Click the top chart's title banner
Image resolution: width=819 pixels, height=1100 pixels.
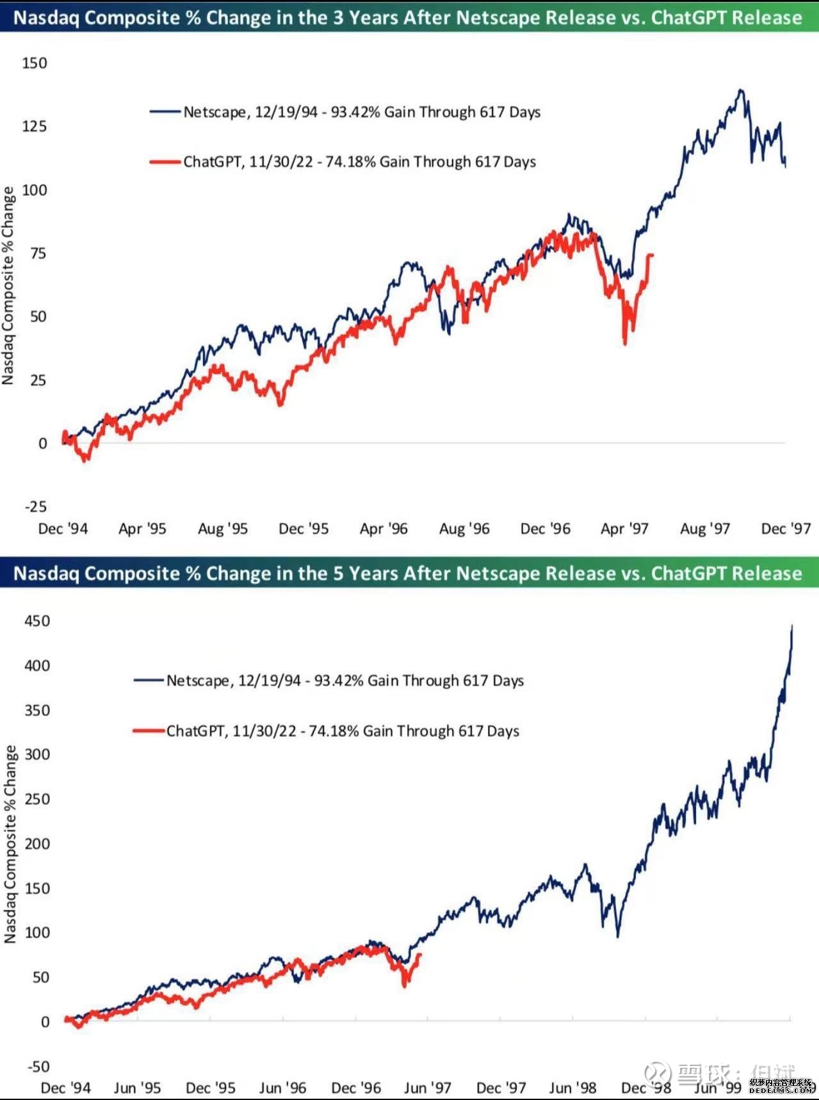pyautogui.click(x=408, y=17)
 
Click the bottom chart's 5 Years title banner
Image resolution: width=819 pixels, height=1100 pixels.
pyautogui.click(x=408, y=573)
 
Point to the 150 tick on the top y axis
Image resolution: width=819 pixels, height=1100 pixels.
pyautogui.click(x=35, y=63)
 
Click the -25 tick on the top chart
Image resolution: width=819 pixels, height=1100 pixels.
pyautogui.click(x=36, y=506)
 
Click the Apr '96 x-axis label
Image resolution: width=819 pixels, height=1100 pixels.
pyautogui.click(x=384, y=529)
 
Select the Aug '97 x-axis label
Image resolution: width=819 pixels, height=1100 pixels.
pyautogui.click(x=705, y=529)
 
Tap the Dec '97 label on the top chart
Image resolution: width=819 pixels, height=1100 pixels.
pyautogui.click(x=786, y=529)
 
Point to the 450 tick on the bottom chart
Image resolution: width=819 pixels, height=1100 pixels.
pyautogui.click(x=36, y=621)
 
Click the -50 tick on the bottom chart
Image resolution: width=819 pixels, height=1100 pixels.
pyautogui.click(x=38, y=1066)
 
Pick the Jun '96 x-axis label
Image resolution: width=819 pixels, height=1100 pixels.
pyautogui.click(x=282, y=1088)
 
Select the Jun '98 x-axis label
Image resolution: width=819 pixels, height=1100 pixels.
pyautogui.click(x=572, y=1088)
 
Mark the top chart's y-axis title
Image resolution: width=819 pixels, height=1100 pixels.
pyautogui.click(x=8, y=286)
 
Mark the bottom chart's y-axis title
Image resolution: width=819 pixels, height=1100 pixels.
pyautogui.click(x=10, y=844)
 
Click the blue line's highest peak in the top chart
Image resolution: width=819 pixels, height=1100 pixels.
pyautogui.click(x=741, y=90)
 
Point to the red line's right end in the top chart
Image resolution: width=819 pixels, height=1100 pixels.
pyautogui.click(x=652, y=255)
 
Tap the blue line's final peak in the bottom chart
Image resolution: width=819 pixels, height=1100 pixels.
pyautogui.click(x=792, y=627)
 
